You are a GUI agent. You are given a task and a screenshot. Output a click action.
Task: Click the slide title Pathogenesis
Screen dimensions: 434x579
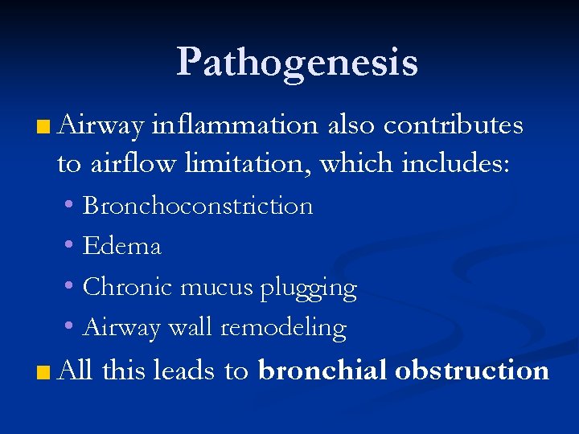(x=297, y=62)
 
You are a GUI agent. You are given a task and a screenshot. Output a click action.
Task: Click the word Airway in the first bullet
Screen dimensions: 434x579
(x=101, y=126)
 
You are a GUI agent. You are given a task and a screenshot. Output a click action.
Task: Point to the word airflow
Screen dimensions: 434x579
(x=132, y=164)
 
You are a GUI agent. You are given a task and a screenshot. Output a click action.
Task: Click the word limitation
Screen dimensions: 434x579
(x=249, y=164)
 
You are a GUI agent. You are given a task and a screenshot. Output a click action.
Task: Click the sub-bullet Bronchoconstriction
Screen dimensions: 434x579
(x=198, y=206)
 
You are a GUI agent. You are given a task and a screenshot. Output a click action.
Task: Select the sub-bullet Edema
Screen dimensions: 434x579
(x=122, y=246)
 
